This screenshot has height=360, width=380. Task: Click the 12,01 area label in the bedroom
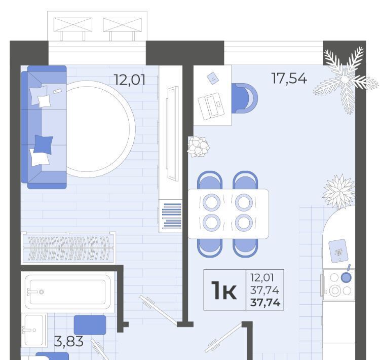pos(130,80)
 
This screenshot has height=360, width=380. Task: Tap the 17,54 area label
pos(289,79)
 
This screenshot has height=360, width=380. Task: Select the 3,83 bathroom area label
pos(68,342)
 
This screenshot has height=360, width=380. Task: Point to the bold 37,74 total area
pos(265,303)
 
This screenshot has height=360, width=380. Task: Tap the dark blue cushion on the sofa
pos(43,145)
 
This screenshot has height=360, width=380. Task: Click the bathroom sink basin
pos(34,330)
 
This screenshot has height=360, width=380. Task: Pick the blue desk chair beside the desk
pos(244,98)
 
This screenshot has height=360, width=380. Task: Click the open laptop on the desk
pos(210,106)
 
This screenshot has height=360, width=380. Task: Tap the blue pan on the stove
pos(346,276)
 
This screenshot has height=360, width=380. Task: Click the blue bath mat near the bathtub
pos(90,325)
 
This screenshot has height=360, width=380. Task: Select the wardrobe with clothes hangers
pos(68,248)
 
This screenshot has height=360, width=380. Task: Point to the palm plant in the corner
pos(345,80)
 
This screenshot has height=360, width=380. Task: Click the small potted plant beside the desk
pos(198,147)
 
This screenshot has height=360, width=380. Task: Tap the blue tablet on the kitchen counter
pos(338,251)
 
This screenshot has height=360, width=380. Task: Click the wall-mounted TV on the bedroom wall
pos(173,134)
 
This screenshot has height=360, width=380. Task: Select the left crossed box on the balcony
pos(72,24)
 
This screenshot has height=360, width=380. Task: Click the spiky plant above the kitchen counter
pos(339,192)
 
